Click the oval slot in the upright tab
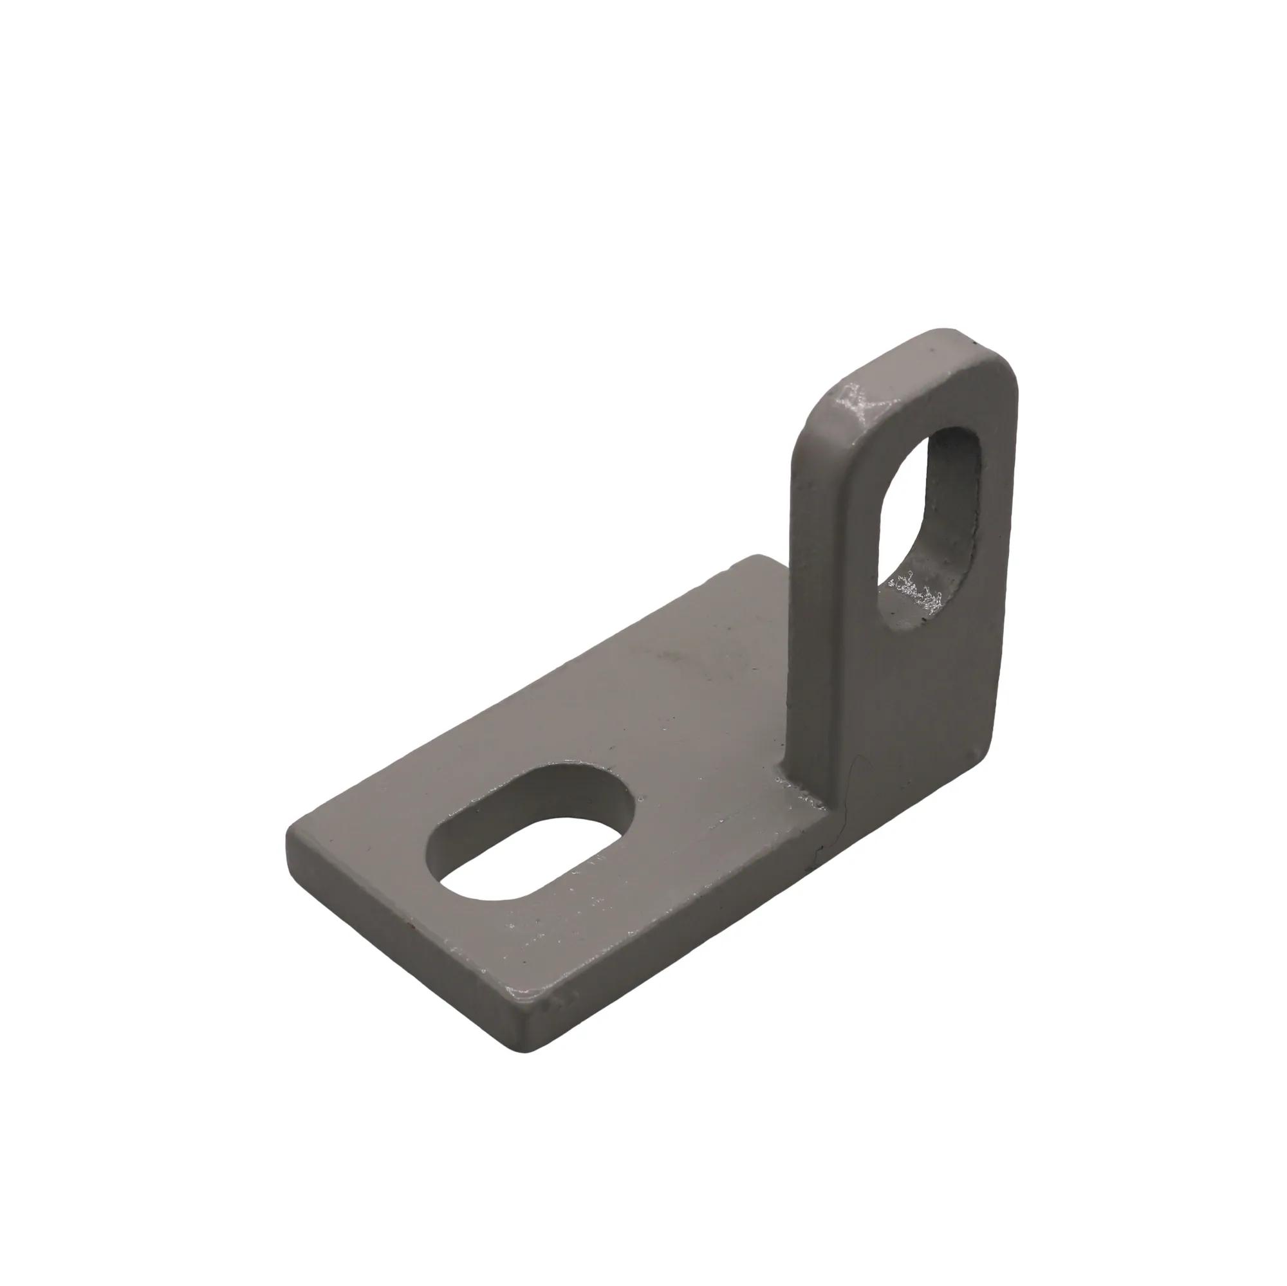[x=932, y=526]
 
